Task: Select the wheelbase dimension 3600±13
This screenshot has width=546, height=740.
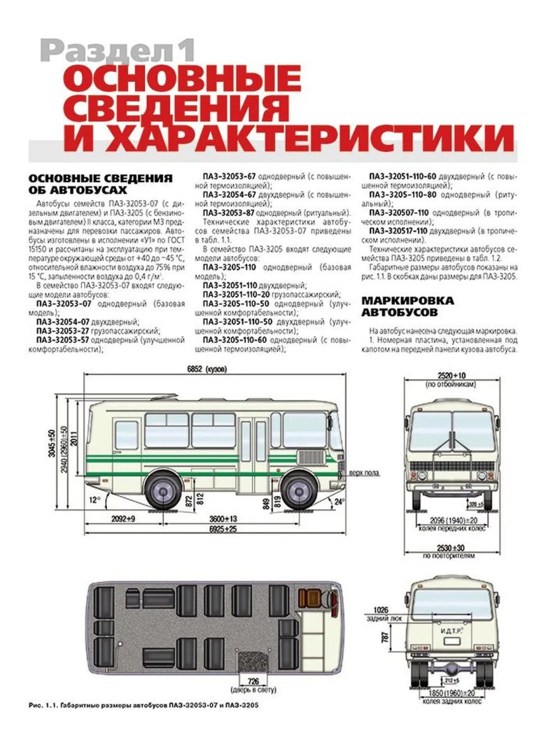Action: (x=223, y=518)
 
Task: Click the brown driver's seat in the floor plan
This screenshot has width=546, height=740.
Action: (x=307, y=599)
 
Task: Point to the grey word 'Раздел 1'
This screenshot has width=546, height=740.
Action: (x=116, y=51)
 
